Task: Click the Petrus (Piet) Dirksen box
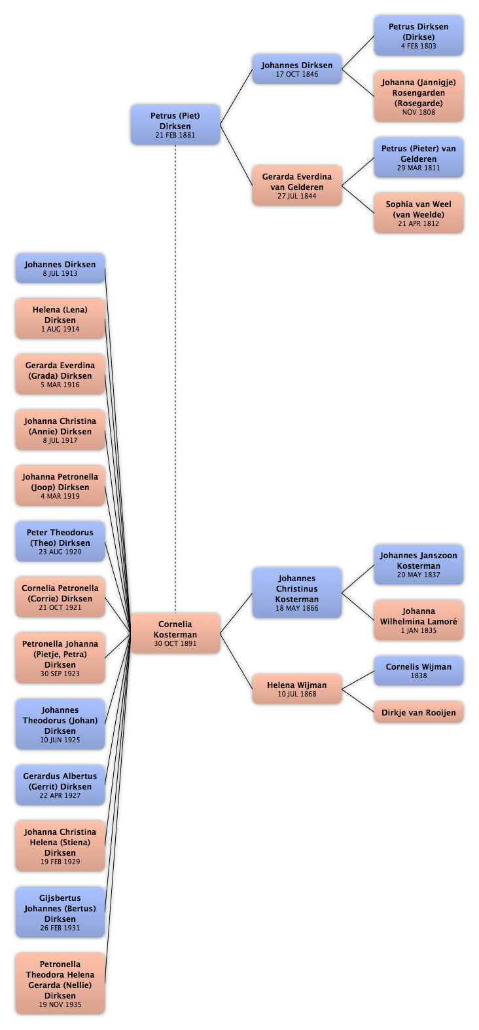coord(175,124)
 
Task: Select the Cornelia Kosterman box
coord(175,633)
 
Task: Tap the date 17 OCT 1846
coord(296,74)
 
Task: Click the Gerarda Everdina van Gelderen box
coord(296,185)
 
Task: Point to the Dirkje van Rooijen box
coord(418,712)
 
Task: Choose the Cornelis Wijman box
coord(418,670)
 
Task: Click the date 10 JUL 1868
coord(296,694)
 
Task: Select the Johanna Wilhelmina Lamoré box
coord(418,620)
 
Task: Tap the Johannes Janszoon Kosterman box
coord(418,564)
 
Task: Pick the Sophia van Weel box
coord(418,213)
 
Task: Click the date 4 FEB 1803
coord(418,46)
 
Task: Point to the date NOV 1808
coord(418,112)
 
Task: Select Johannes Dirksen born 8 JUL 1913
coord(60,268)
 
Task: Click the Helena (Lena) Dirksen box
coord(60,318)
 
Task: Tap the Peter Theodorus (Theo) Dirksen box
coord(60,541)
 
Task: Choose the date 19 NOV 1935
coord(60,1004)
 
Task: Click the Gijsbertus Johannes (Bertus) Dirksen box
coord(60,912)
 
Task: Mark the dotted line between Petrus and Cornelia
coord(175,379)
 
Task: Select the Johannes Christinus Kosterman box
coord(296,593)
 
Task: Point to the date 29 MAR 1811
coord(418,168)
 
